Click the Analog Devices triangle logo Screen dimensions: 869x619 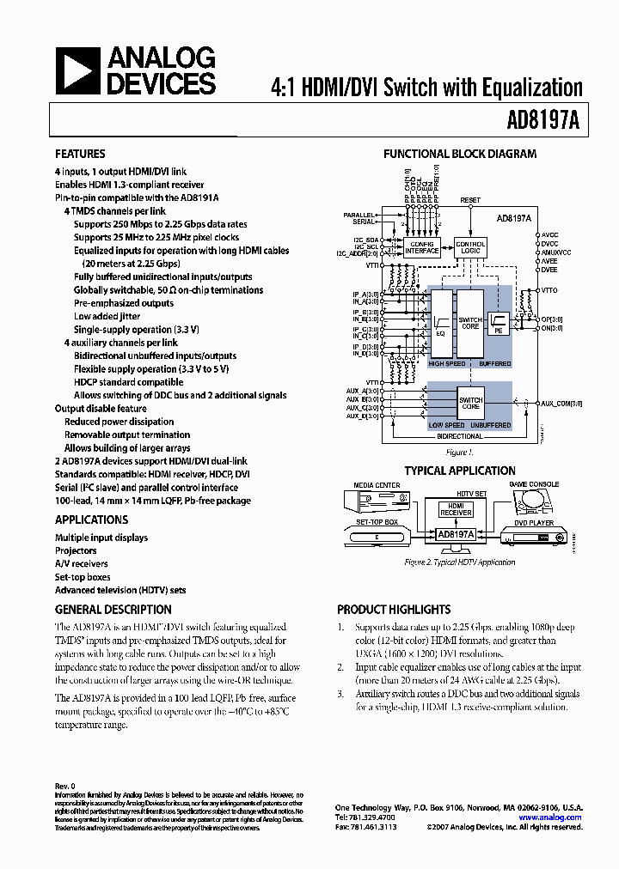79,71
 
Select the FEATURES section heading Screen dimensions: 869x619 80,154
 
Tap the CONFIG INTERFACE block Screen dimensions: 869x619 422,247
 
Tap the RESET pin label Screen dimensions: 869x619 470,200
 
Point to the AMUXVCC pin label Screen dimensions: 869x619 551,252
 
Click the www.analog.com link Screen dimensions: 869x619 550,817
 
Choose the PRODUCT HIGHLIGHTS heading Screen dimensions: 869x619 393,609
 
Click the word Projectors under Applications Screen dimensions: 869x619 76,550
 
